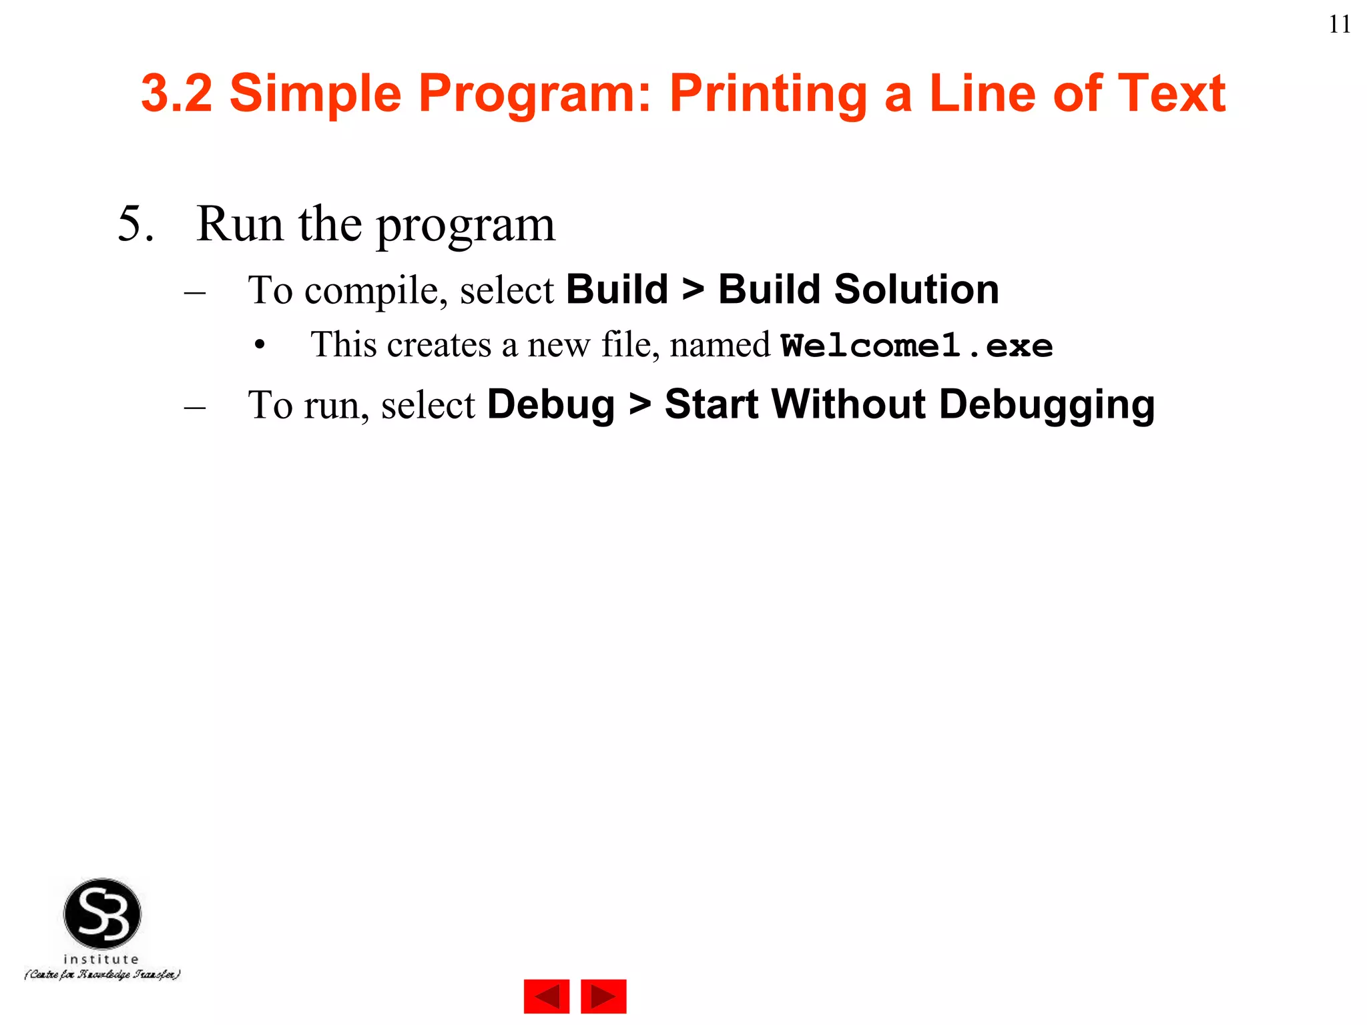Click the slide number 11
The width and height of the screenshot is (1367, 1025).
coord(1340,25)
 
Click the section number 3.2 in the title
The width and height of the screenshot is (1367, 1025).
coord(177,93)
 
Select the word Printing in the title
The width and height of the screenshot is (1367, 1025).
coord(768,94)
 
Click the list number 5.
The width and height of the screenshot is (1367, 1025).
coord(135,224)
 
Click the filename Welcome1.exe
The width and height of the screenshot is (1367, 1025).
coord(916,346)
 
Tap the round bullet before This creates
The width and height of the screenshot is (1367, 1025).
coord(260,346)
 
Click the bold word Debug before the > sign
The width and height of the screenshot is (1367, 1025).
coord(551,404)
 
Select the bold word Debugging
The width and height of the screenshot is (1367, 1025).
coord(1047,405)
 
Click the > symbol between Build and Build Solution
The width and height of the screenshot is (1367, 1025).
coord(693,290)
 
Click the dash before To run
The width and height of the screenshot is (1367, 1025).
coord(194,406)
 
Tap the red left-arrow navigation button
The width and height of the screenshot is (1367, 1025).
coord(546,996)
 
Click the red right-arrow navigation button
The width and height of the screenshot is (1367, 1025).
coord(603,996)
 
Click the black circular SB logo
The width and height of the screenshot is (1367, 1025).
coord(102,914)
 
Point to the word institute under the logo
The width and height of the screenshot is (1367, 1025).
coord(101,959)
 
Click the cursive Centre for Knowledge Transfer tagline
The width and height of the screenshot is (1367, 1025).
coord(102,975)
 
